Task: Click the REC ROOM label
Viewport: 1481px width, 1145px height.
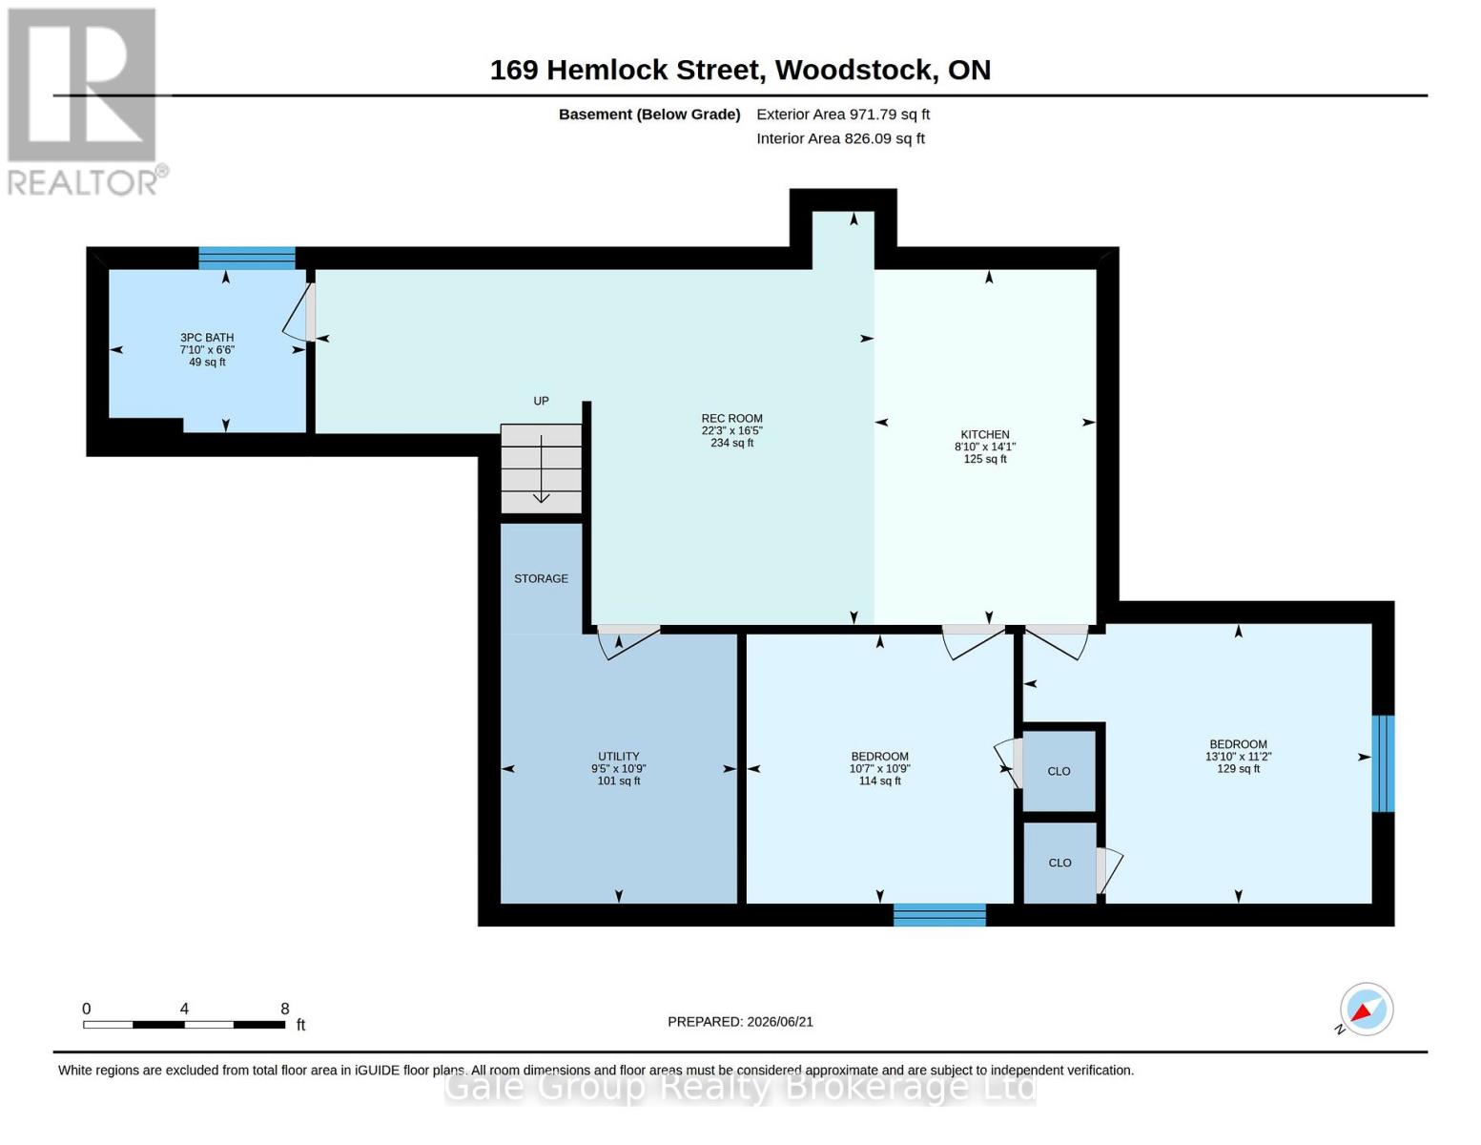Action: [731, 418]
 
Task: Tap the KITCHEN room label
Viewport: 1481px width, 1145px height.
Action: [985, 434]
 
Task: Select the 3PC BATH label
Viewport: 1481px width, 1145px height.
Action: [207, 338]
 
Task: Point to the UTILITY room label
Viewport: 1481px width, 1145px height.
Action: [619, 757]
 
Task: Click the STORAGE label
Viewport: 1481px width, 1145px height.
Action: [541, 578]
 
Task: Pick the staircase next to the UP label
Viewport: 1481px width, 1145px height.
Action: [541, 468]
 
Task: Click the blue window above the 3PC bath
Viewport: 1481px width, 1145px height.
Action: [247, 258]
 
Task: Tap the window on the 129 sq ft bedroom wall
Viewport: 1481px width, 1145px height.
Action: [1383, 763]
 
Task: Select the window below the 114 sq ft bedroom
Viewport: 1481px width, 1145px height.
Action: [939, 914]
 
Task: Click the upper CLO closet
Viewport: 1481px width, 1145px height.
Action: [1059, 771]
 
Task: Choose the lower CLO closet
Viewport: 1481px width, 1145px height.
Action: [1059, 863]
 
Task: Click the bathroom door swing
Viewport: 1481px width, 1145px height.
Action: [298, 313]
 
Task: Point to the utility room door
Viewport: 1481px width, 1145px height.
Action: [628, 642]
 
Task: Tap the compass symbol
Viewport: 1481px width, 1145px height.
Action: [1366, 1009]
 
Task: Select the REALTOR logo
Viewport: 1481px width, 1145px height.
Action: [85, 102]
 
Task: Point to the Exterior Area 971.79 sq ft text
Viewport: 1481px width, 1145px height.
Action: [843, 114]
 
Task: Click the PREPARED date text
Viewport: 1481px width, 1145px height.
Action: [740, 1022]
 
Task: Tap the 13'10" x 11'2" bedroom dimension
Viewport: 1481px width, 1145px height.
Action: [1239, 757]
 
